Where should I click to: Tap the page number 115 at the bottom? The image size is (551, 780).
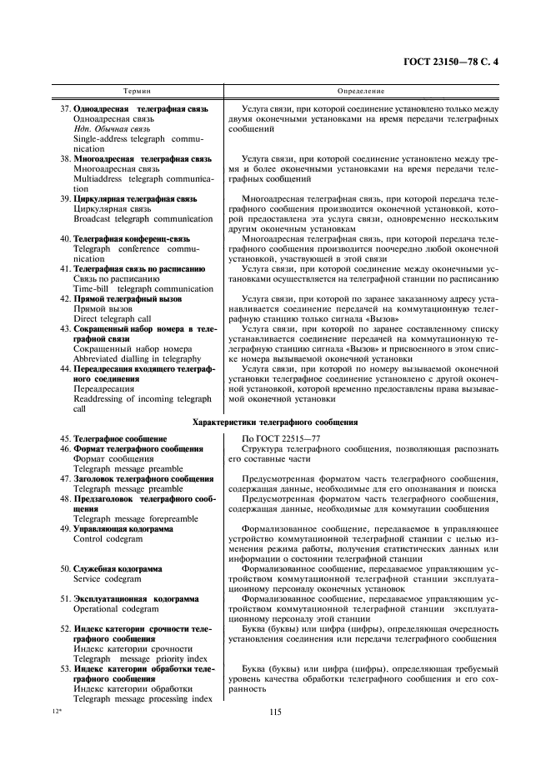click(275, 711)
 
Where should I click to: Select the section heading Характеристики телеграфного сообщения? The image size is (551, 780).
click(275, 422)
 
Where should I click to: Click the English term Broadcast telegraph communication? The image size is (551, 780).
click(143, 219)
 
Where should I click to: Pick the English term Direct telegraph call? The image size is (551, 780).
click(113, 318)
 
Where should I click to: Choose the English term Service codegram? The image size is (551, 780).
click(108, 578)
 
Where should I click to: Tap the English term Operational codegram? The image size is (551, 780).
click(116, 609)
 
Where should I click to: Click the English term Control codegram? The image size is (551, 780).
click(108, 539)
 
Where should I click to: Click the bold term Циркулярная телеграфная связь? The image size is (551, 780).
click(135, 199)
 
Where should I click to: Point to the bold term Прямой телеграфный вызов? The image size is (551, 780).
click(127, 298)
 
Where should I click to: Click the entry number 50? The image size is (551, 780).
click(64, 568)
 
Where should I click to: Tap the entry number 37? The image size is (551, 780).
click(64, 109)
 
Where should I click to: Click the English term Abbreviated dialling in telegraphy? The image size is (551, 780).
click(138, 358)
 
